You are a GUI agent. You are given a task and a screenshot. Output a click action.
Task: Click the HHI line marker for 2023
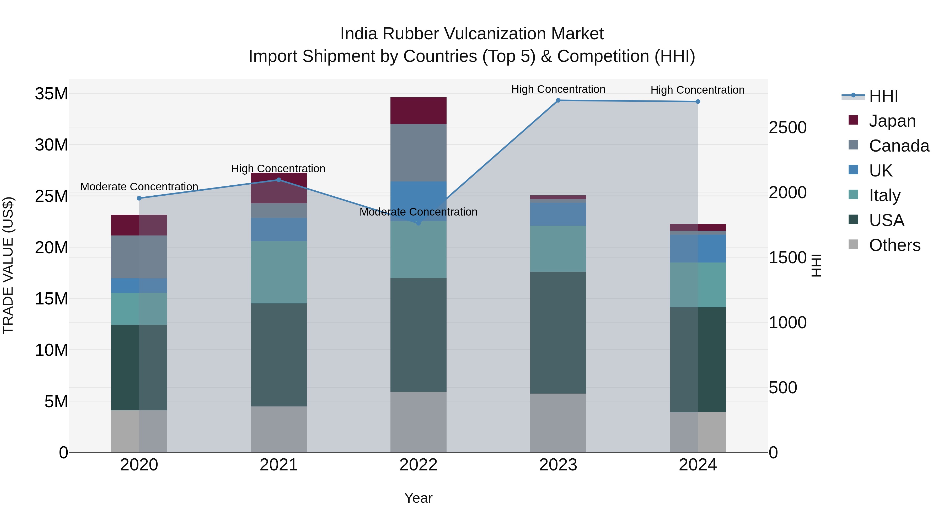[x=558, y=100]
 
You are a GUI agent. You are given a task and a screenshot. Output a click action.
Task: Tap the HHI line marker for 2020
[x=139, y=198]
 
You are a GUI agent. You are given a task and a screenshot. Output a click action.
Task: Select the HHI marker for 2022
[x=419, y=223]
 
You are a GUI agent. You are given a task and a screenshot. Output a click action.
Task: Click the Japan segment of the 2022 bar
[x=418, y=111]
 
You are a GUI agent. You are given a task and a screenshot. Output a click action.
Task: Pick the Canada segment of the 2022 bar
[x=418, y=153]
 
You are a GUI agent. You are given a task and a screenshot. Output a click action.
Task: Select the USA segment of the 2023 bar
[x=558, y=332]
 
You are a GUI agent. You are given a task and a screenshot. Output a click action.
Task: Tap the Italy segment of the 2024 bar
[x=698, y=285]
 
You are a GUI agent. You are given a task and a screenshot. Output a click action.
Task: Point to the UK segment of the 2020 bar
[x=139, y=286]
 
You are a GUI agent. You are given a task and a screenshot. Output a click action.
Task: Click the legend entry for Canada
[x=899, y=146]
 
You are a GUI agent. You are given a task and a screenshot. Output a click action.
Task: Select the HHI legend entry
[x=883, y=96]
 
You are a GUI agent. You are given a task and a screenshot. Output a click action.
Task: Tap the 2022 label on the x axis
[x=418, y=465]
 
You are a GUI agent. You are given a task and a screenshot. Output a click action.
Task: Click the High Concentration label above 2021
[x=278, y=169]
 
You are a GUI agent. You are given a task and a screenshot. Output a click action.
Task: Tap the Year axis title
[x=418, y=498]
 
